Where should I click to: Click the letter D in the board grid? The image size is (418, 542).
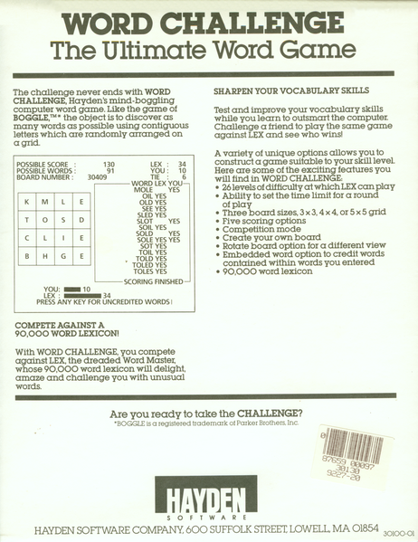[82, 219]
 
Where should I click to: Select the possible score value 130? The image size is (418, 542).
[109, 164]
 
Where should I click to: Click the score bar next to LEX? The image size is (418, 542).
[81, 295]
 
